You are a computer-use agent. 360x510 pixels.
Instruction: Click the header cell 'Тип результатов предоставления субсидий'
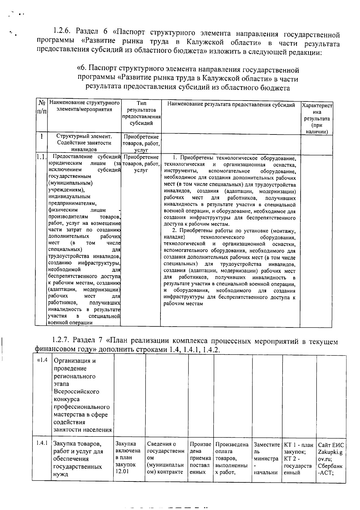coord(141,113)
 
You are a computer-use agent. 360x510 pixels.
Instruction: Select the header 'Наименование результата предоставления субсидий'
coord(231,105)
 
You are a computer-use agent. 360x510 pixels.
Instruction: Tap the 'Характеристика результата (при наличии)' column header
coord(317,118)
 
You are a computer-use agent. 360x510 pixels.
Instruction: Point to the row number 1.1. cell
coord(41,157)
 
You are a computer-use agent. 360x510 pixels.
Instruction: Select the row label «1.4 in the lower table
coord(42,361)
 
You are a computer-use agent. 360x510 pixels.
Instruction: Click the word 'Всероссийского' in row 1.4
coord(76,391)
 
